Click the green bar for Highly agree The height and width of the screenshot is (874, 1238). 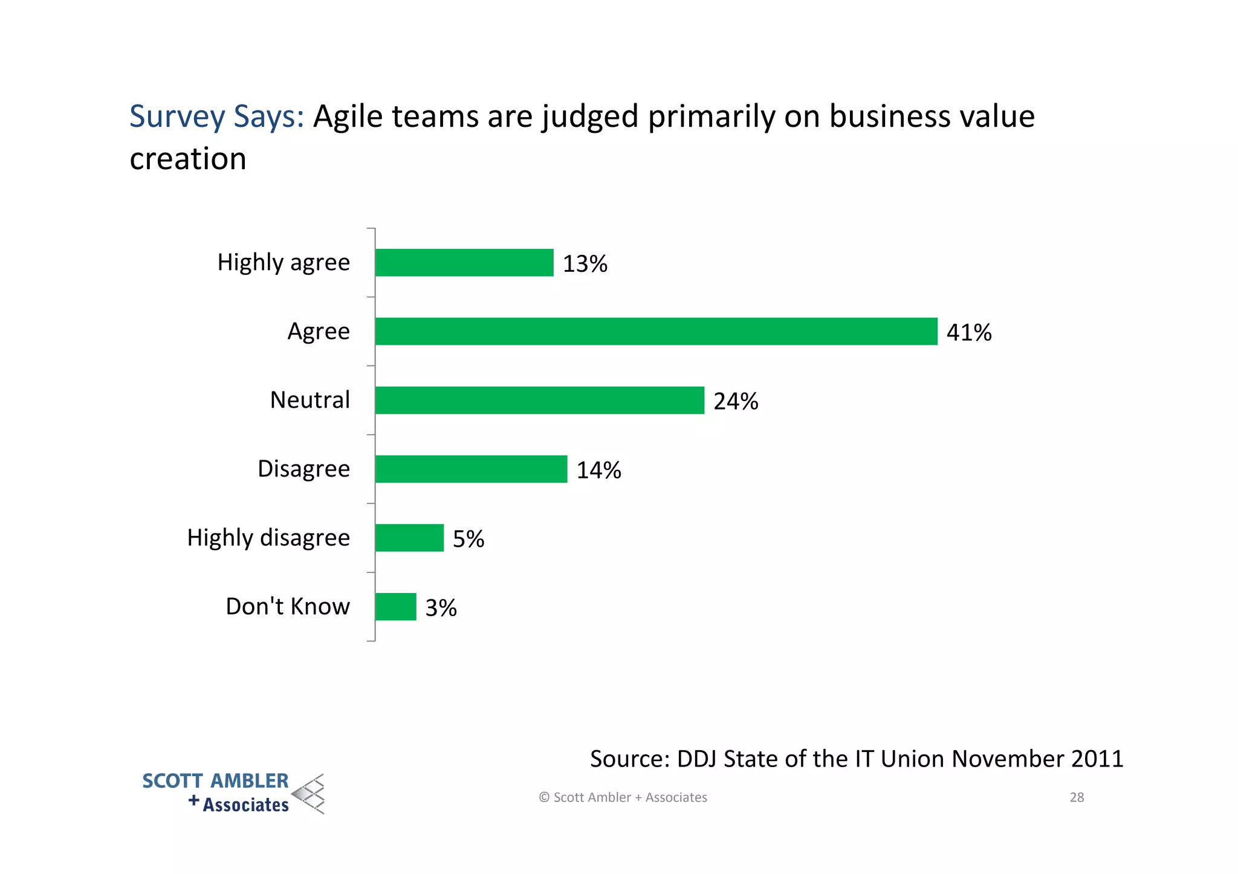click(x=464, y=263)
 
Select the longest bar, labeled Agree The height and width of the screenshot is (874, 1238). click(x=656, y=332)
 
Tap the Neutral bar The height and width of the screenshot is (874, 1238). click(x=539, y=400)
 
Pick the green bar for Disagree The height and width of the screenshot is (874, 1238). click(x=471, y=469)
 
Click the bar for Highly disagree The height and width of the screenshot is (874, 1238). click(x=409, y=538)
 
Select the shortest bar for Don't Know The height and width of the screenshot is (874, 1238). click(x=395, y=607)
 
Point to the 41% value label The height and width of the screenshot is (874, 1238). click(x=968, y=333)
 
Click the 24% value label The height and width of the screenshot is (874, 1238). click(x=735, y=402)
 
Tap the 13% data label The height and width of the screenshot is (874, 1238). click(x=585, y=264)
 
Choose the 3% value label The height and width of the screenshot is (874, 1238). click(x=441, y=608)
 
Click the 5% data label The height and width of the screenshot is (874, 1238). click(x=468, y=539)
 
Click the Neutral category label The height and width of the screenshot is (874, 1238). click(x=309, y=400)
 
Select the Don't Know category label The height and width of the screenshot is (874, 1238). click(x=288, y=606)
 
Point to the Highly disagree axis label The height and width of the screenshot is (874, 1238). click(x=268, y=538)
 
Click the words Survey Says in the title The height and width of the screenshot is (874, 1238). click(x=216, y=117)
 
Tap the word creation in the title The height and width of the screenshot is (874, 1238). click(x=188, y=159)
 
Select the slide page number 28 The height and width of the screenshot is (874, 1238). click(x=1077, y=797)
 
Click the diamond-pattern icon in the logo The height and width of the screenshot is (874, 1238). click(x=309, y=794)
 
